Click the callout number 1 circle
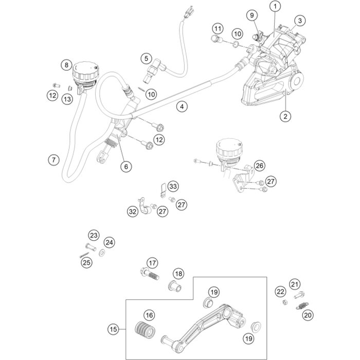(x=276, y=7)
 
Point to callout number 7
(x=52, y=160)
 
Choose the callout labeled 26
(x=259, y=166)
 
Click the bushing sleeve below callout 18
(x=176, y=284)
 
